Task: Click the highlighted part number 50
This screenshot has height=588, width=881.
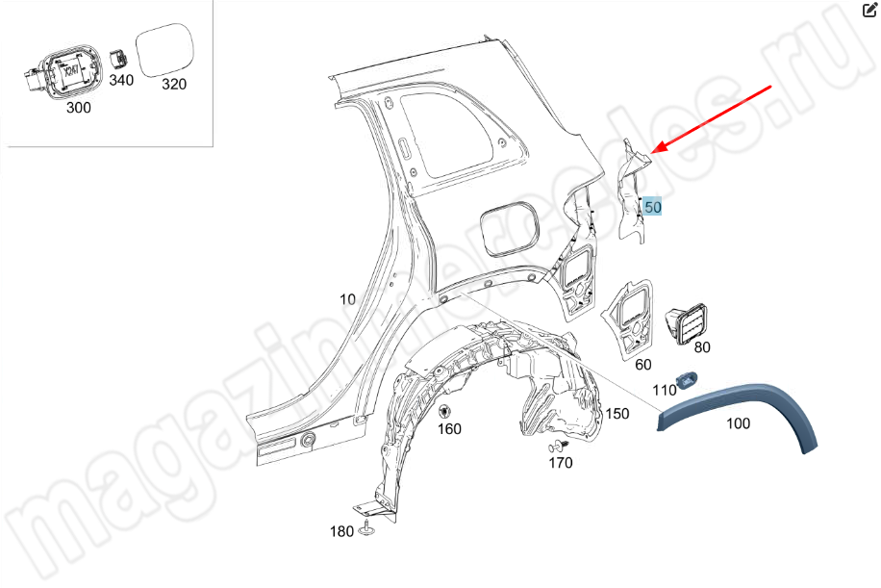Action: [x=653, y=206]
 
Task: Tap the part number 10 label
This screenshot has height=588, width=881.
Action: [x=347, y=299]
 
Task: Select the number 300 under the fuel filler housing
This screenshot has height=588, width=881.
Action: [x=78, y=108]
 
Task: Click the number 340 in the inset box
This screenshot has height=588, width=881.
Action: [x=121, y=80]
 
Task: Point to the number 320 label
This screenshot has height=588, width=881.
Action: [x=173, y=84]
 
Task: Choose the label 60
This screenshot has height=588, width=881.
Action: [x=642, y=364]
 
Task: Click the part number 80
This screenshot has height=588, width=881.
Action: [x=701, y=347]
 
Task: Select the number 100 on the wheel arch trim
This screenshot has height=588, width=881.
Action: [x=738, y=422]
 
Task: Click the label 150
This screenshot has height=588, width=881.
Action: [x=617, y=414]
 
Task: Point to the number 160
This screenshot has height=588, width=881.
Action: [x=449, y=429]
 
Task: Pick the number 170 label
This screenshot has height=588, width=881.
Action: [x=560, y=463]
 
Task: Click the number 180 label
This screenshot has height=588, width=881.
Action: [x=341, y=531]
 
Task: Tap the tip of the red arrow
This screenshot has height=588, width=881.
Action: [x=654, y=152]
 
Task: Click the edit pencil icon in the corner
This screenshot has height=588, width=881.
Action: [x=869, y=11]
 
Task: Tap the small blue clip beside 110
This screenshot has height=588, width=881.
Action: [x=689, y=376]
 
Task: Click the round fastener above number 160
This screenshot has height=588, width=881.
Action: [x=446, y=411]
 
